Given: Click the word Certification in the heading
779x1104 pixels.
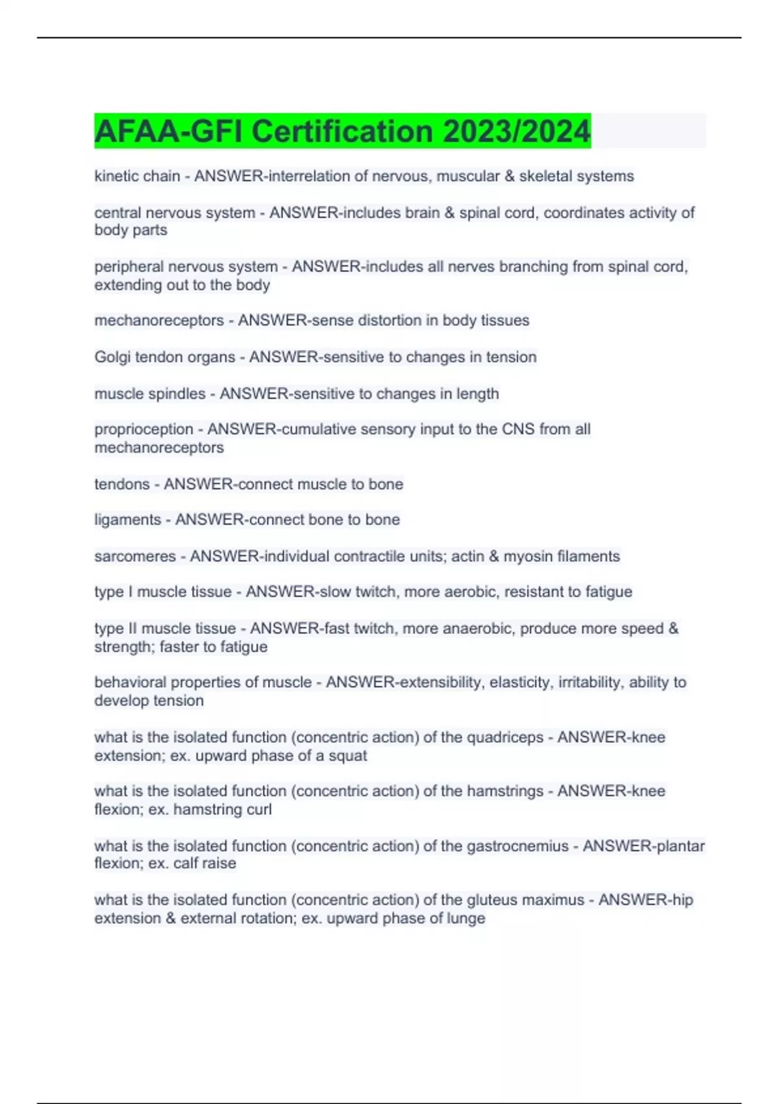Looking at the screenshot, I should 342,131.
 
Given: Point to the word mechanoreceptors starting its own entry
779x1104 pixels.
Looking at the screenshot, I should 159,320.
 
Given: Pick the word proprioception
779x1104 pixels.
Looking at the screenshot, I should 143,429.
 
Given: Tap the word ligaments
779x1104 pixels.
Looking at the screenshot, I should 128,520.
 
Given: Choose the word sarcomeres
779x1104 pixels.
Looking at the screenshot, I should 135,556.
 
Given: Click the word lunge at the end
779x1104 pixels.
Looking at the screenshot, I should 468,918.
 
